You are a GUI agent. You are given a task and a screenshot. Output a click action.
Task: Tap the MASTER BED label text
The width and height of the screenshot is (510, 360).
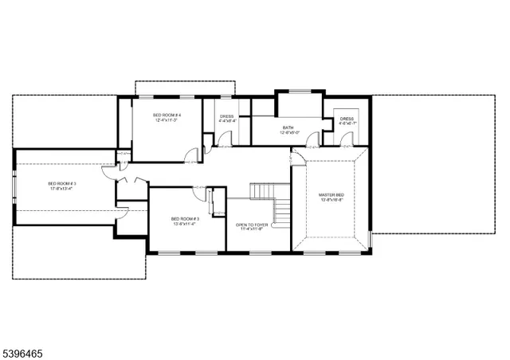[331, 194]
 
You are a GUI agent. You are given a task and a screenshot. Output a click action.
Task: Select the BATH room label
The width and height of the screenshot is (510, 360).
[288, 127]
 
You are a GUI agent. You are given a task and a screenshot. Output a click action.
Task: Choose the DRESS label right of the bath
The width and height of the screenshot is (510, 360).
[347, 119]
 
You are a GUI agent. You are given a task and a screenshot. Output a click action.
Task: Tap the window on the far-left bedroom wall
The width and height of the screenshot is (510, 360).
[13, 189]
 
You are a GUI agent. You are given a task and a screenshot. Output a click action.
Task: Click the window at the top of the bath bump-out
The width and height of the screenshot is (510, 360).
[299, 92]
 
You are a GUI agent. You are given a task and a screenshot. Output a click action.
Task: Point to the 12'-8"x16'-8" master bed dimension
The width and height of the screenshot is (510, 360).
[331, 200]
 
